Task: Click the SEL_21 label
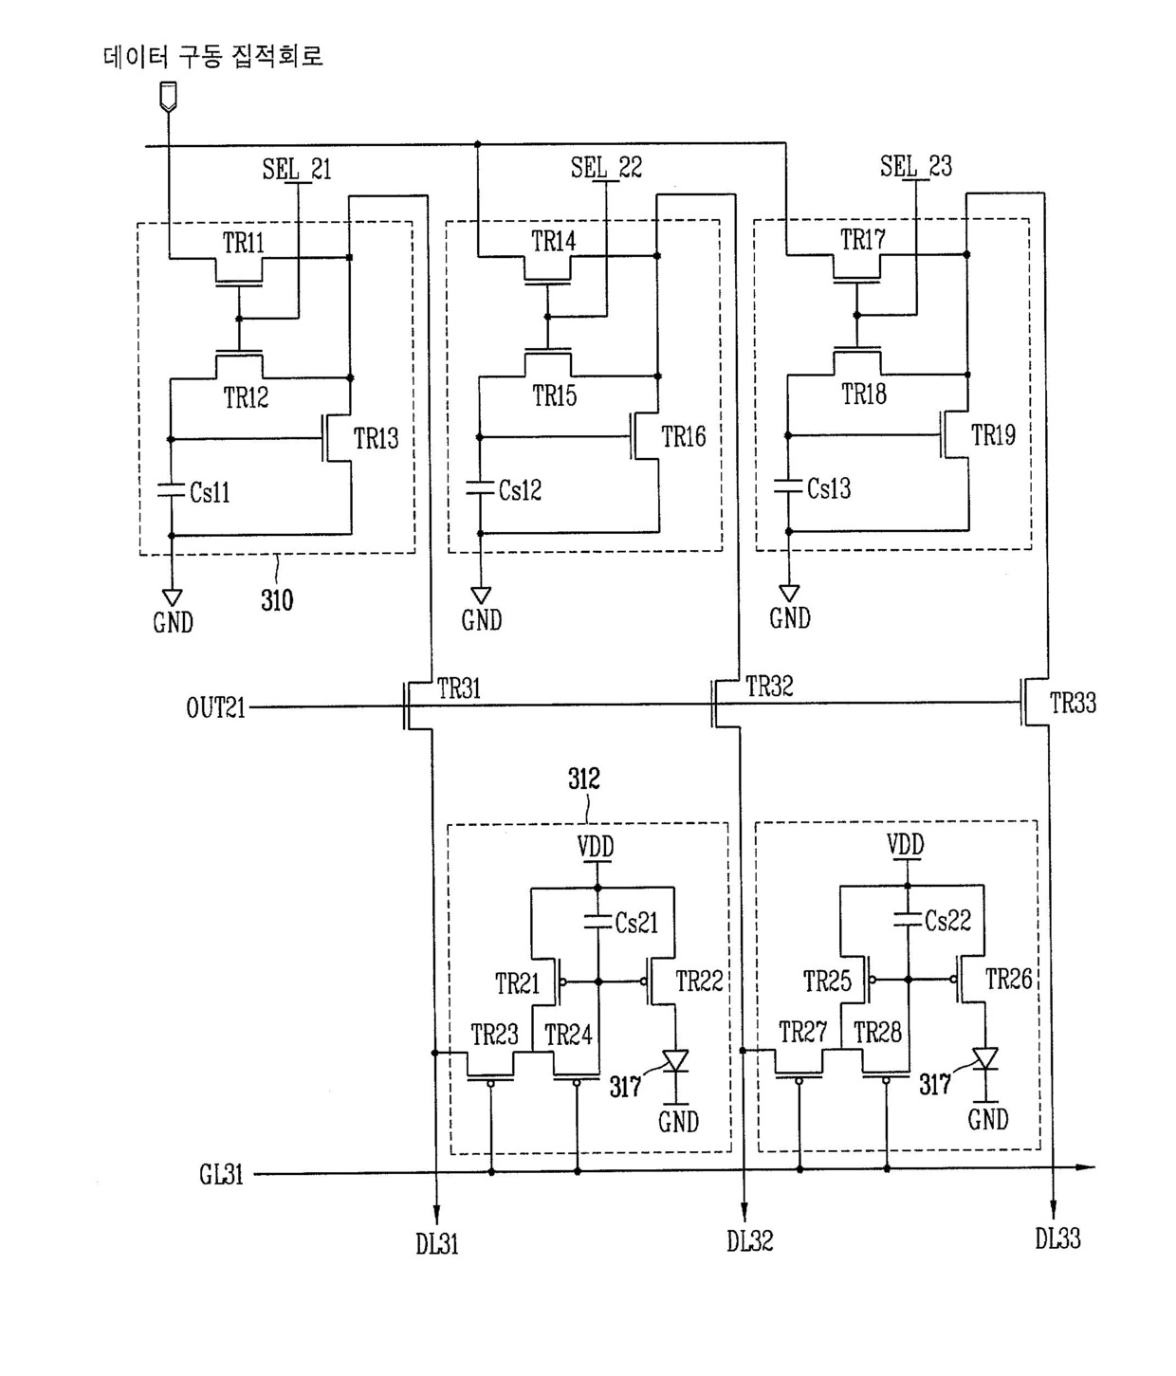coord(296,169)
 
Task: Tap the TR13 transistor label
coord(376,438)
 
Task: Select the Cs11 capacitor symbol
coord(171,491)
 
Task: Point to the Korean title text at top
coord(213,55)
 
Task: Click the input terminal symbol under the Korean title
coord(168,95)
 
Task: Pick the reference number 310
coord(277,600)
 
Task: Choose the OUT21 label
coord(215,708)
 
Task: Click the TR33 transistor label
coord(1073,703)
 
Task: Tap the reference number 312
coord(584,779)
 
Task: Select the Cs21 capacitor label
coord(636,924)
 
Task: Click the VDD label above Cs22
coord(906,844)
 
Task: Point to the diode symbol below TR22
coord(675,1061)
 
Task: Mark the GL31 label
coord(221,1175)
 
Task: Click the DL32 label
coord(750,1241)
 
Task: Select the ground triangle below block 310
coord(173,597)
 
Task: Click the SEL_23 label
coord(915,166)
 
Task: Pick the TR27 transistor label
coord(802,1033)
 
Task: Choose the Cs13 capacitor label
coord(828,488)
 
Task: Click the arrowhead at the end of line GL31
coord(1086,1167)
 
